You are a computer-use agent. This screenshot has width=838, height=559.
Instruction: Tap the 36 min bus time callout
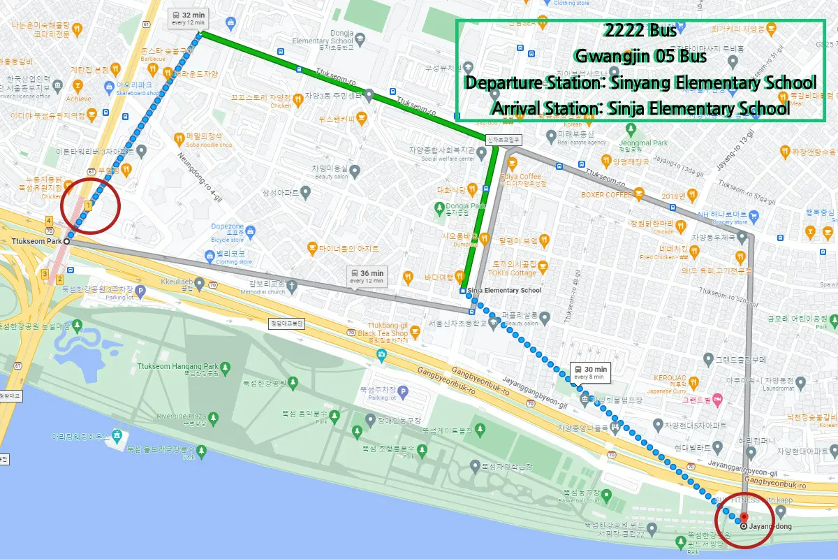[367, 276]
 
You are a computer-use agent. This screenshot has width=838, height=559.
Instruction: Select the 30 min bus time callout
[590, 372]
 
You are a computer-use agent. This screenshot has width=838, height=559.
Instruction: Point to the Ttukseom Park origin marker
[67, 240]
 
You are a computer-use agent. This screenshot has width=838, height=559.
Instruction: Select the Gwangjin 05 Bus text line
[638, 56]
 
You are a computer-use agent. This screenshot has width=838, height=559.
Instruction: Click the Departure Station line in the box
[640, 82]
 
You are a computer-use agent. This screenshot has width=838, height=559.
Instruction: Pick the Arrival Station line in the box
[640, 108]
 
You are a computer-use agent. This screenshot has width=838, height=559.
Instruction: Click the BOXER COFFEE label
[606, 195]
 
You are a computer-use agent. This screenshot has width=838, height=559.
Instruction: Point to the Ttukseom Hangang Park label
[178, 366]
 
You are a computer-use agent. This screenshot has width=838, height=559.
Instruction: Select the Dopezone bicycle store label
[227, 227]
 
